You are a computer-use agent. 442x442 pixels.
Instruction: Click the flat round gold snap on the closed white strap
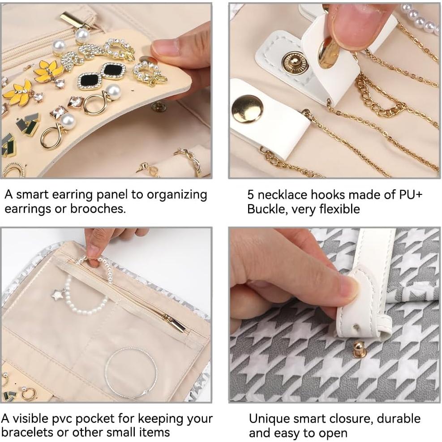pyautogui.click(x=247, y=109)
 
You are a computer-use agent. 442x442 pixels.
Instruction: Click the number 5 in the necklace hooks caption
pyautogui.click(x=252, y=195)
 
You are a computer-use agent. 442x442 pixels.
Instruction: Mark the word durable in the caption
pyautogui.click(x=398, y=419)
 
